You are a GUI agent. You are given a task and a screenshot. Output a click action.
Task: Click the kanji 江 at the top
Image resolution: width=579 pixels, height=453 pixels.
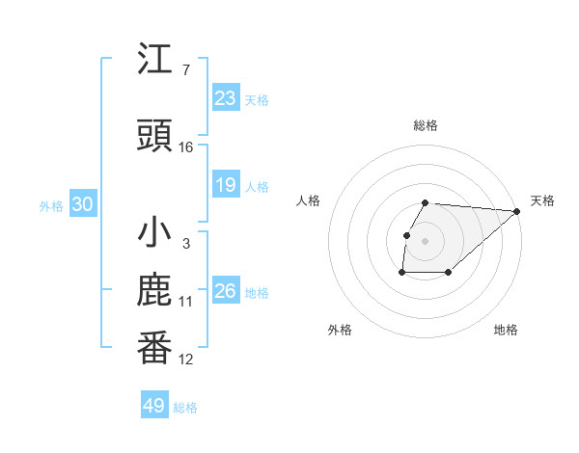click(x=154, y=60)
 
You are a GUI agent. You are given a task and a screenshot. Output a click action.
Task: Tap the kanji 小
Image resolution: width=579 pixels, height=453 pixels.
click(x=154, y=233)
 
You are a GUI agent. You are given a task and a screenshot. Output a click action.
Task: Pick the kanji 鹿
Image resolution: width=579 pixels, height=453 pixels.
click(x=154, y=292)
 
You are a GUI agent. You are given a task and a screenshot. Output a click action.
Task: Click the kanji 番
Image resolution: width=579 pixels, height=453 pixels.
click(x=154, y=348)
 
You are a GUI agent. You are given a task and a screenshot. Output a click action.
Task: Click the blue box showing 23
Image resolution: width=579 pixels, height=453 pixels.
click(x=226, y=97)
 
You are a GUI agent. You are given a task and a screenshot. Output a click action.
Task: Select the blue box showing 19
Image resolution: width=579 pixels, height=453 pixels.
click(x=226, y=185)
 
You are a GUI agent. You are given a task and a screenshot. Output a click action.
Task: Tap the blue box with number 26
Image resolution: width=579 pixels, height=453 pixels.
click(x=226, y=291)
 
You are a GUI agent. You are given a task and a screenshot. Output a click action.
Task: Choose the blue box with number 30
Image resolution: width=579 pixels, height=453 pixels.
click(x=82, y=204)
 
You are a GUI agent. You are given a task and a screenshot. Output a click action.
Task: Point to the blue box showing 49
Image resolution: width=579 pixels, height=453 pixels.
click(x=154, y=406)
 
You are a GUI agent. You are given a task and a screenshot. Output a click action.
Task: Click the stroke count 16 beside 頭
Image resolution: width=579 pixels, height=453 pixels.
click(x=186, y=147)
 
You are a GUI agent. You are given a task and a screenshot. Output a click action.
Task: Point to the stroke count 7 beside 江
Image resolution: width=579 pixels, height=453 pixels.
click(x=185, y=70)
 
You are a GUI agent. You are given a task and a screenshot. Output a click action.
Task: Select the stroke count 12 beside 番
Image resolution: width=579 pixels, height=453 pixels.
click(x=186, y=360)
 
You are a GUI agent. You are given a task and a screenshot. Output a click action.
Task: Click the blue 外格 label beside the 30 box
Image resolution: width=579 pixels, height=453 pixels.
click(x=51, y=205)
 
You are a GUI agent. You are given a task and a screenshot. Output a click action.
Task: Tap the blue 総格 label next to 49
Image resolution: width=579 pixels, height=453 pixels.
click(x=185, y=408)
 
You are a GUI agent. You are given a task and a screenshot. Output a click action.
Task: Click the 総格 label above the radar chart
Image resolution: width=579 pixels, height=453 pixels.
click(x=426, y=125)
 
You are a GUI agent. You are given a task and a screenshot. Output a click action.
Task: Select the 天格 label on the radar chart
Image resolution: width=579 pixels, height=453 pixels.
click(x=542, y=200)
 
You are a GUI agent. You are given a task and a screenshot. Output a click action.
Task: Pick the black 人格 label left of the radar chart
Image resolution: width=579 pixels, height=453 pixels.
click(x=309, y=200)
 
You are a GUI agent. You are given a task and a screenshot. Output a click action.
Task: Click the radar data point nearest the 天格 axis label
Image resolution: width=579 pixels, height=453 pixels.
click(x=517, y=211)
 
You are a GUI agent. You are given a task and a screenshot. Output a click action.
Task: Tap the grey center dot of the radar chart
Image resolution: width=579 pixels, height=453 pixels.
click(x=426, y=241)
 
